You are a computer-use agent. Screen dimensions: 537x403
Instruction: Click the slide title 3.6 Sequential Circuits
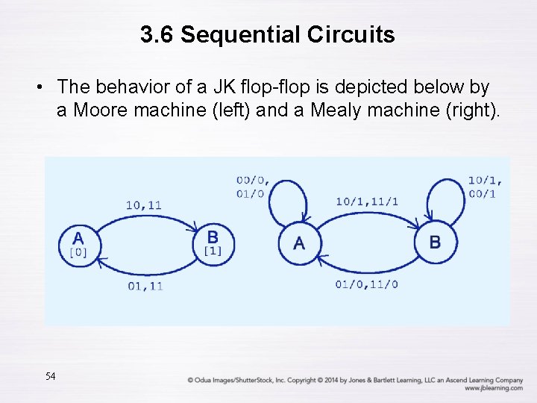(x=268, y=34)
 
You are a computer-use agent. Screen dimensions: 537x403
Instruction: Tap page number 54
(x=50, y=376)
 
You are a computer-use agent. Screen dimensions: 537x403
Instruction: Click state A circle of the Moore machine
(x=78, y=243)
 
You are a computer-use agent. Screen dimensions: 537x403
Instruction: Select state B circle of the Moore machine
(x=213, y=243)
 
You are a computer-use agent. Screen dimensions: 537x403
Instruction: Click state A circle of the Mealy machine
(x=299, y=243)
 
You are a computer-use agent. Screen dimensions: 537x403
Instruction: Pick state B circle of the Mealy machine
(x=435, y=243)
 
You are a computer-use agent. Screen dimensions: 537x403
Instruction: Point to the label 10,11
(x=144, y=204)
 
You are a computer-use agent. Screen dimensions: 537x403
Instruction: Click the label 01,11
(x=145, y=285)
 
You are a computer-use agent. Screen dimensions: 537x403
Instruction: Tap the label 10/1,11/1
(x=367, y=201)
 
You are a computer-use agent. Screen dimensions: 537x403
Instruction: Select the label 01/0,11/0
(x=366, y=284)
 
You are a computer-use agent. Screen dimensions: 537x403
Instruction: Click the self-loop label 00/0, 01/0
(x=254, y=187)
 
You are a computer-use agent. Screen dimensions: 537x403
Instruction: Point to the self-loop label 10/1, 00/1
(x=485, y=187)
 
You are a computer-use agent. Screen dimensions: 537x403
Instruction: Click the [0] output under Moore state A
(x=78, y=252)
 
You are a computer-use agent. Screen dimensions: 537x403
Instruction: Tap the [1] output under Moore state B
(x=213, y=251)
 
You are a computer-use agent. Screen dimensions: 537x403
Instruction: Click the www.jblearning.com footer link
(x=493, y=388)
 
